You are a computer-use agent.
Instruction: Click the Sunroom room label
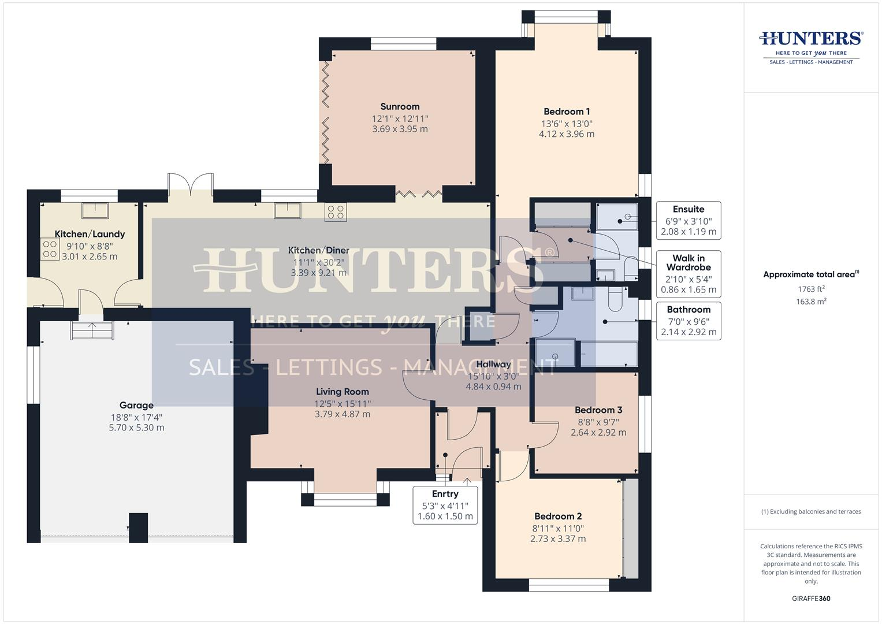point(400,106)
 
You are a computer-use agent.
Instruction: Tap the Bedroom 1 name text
point(566,112)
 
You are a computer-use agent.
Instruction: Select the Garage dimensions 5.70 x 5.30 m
point(136,428)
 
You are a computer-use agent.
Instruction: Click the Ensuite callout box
point(689,220)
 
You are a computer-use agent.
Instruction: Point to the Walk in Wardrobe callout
point(689,273)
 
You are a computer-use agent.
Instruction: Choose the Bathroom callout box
point(689,321)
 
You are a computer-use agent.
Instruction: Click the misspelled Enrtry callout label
point(445,494)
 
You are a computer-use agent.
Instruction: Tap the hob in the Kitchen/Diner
point(335,212)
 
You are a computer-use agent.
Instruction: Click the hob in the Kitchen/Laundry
point(50,249)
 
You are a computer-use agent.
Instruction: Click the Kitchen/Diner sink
point(288,211)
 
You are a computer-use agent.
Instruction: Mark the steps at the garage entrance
point(92,331)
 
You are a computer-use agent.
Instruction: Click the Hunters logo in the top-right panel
point(811,46)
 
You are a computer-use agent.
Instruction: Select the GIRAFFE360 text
point(811,599)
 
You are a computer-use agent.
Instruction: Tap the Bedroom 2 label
point(557,517)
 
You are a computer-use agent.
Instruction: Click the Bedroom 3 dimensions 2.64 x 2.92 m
point(598,432)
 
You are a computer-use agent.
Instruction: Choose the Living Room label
point(342,392)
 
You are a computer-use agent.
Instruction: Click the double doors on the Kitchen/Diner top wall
point(190,184)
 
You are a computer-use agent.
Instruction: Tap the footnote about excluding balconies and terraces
point(811,511)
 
